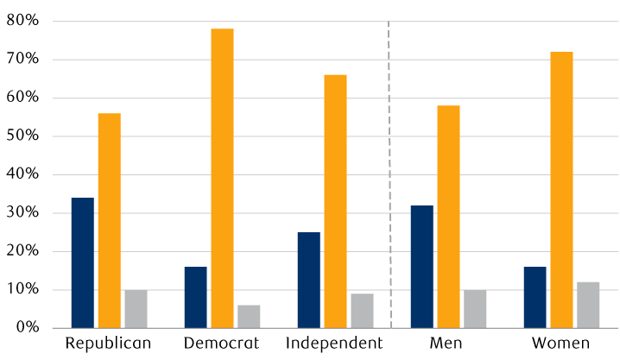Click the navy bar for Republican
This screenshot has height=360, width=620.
click(x=83, y=262)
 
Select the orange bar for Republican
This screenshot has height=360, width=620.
click(x=110, y=220)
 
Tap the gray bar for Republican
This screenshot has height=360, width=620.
click(x=136, y=309)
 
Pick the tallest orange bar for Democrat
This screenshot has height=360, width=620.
click(x=222, y=178)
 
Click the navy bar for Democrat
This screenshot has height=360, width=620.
click(x=196, y=298)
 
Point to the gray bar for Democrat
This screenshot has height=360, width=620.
click(x=249, y=317)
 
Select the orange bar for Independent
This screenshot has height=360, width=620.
click(x=335, y=201)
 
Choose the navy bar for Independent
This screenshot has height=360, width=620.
click(x=309, y=281)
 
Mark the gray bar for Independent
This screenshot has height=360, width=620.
click(x=362, y=311)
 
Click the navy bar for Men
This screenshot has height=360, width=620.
click(x=422, y=267)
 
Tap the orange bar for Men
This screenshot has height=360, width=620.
click(x=448, y=217)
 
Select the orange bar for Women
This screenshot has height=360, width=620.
click(x=561, y=190)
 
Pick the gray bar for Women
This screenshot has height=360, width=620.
click(x=588, y=305)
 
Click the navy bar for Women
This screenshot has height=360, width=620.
click(x=535, y=298)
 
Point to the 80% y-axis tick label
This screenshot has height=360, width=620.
click(x=22, y=20)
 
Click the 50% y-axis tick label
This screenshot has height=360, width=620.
click(x=22, y=136)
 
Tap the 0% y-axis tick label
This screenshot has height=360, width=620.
click(x=28, y=327)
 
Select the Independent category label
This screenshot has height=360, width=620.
click(x=334, y=344)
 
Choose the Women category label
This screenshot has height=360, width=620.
click(x=560, y=343)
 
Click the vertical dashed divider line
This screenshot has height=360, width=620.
click(x=389, y=174)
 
